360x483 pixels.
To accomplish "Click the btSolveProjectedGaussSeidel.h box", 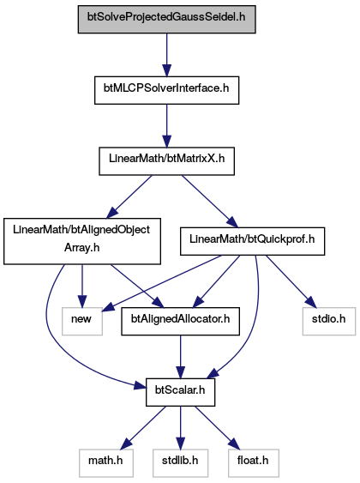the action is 167,19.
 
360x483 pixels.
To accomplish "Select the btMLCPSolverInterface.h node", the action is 167,90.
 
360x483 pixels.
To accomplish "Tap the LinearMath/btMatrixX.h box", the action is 167,161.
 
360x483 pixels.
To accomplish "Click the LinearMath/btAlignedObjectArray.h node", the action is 82,241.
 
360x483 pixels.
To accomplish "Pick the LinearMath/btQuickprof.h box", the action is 252,241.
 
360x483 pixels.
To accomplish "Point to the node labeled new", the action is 82,321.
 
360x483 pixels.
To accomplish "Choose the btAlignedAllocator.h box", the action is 181,321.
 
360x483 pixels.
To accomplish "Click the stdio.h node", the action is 329,321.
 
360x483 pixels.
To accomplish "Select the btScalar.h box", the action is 180,392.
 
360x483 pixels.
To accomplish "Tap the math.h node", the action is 106,463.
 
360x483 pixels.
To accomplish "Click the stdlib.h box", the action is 180,463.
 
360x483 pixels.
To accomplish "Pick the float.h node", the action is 254,463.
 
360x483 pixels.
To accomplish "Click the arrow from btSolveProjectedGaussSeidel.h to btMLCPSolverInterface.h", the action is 167,55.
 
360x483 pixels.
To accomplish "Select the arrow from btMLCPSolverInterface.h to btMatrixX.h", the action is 167,125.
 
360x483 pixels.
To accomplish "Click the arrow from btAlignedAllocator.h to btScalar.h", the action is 181,357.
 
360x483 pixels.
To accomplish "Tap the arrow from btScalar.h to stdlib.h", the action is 181,427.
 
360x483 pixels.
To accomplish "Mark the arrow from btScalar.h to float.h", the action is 217,427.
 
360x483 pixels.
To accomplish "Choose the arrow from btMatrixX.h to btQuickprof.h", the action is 210,202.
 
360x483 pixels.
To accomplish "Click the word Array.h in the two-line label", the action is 81,248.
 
